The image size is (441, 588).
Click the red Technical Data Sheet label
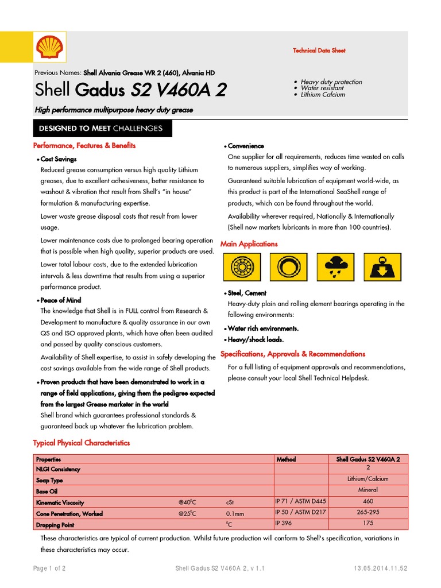[319, 51]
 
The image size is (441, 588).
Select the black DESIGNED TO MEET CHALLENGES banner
[100, 128]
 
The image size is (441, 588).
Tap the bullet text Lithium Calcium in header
[323, 95]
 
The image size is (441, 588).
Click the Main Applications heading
[249, 244]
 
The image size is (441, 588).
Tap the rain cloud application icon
[335, 267]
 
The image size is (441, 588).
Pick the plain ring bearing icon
[289, 267]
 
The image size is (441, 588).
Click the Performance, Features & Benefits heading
[84, 146]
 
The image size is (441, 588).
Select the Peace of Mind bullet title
[60, 300]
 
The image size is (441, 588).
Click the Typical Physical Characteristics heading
[82, 443]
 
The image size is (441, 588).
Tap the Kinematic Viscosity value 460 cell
[368, 501]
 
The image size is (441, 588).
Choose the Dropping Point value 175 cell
[368, 523]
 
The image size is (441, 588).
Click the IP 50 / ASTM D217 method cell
[300, 512]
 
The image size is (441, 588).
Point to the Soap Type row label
[49, 480]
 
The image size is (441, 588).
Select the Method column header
[286, 459]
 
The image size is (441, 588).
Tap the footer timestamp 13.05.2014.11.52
[381, 568]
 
